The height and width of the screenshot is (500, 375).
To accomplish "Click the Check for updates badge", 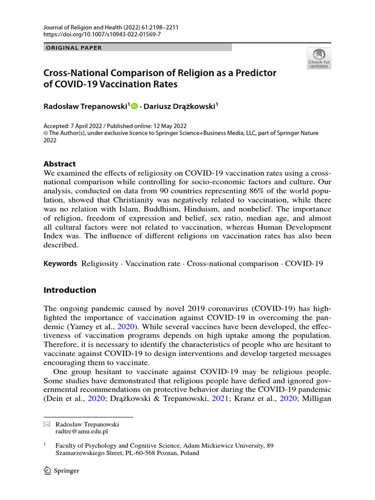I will pyautogui.click(x=318, y=58).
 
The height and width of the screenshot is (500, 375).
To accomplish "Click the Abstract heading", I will pyautogui.click(x=60, y=164).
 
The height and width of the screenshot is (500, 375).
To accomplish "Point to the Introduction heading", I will pyautogui.click(x=70, y=290).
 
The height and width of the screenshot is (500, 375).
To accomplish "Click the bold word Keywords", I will pyautogui.click(x=60, y=264).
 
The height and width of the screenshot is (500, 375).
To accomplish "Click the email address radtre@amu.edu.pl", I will pyautogui.click(x=82, y=432).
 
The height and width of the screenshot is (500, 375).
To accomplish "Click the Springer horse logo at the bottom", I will pyautogui.click(x=48, y=471).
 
